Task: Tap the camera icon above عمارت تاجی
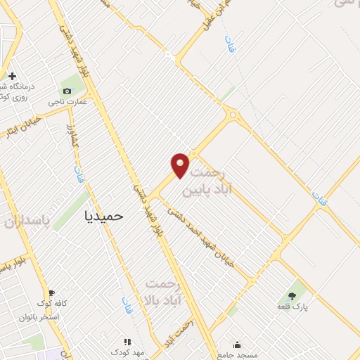(67, 91)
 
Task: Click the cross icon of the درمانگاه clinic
(13, 75)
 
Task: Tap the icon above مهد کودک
(127, 341)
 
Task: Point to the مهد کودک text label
(127, 352)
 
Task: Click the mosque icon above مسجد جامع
(237, 345)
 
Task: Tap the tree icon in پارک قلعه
(292, 295)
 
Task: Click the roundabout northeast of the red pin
(232, 114)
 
